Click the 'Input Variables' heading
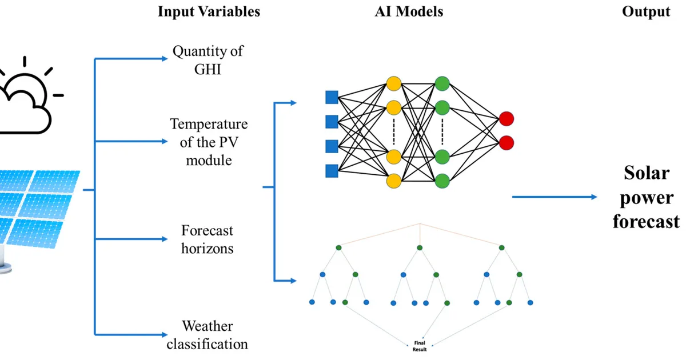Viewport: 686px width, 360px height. coord(209,11)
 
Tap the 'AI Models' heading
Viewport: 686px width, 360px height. coord(409,11)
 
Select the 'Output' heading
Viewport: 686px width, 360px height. coord(646,11)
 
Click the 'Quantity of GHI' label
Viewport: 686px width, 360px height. coord(208,60)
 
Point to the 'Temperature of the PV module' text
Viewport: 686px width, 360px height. coord(209,142)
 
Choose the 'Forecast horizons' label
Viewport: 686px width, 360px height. coord(208,239)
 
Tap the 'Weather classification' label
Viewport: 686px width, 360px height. coord(208,335)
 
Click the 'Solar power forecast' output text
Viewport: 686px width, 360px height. coord(646,197)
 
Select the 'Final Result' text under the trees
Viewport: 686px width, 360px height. coord(420,346)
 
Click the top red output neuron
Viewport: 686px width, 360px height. coord(506,119)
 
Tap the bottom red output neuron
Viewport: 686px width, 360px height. coord(506,143)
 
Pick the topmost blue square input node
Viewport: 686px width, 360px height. coord(332,97)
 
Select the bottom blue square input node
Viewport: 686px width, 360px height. coord(332,171)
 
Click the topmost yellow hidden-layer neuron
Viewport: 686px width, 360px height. coord(394,83)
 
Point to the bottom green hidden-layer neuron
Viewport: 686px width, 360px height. coord(442,181)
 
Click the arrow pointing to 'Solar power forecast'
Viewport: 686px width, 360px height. coord(555,197)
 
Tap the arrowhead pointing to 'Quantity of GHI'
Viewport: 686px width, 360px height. coord(165,58)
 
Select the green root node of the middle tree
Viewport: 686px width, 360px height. coord(420,247)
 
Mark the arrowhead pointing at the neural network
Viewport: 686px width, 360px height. coord(293,103)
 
